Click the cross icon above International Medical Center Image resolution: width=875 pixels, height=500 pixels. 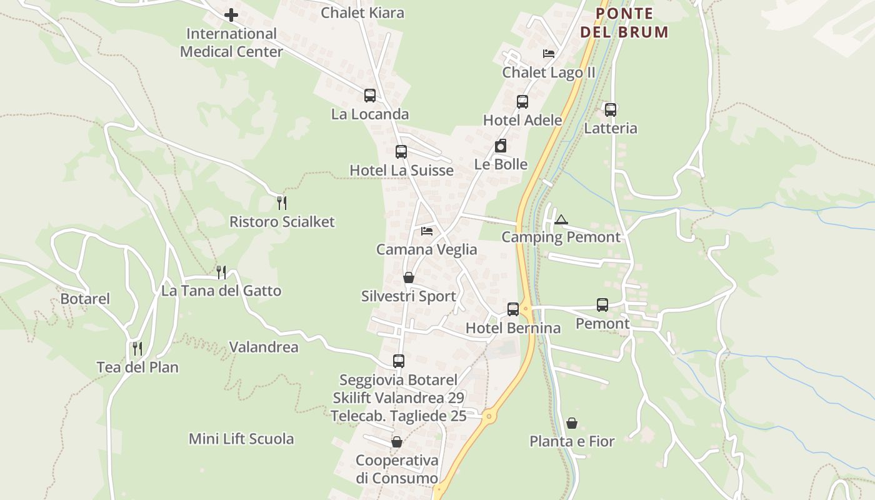pos(231,15)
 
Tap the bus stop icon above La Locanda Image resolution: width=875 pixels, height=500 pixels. pos(370,96)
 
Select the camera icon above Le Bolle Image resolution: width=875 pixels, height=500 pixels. pos(501,146)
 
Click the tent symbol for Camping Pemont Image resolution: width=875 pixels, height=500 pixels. pos(561,219)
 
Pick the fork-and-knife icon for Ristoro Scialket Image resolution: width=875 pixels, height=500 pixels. pos(282,202)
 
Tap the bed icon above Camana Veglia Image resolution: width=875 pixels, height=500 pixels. pos(427,231)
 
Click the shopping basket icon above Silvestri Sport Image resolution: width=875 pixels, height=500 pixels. pos(409,277)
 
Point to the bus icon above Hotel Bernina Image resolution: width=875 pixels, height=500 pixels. pos(513,309)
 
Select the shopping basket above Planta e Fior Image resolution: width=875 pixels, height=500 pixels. pos(572,423)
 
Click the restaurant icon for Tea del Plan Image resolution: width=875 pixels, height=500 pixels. pos(137,349)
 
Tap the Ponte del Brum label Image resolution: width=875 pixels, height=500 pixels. pos(624,22)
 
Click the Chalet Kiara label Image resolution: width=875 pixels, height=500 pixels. pos(362,12)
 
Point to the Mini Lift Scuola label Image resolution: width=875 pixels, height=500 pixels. pos(241,439)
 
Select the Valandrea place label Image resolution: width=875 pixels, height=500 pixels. pos(264,347)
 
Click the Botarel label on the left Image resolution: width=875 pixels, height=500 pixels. pos(85,299)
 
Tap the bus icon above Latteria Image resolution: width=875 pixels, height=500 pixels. pos(611,110)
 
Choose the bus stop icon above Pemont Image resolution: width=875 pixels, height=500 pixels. pos(602,305)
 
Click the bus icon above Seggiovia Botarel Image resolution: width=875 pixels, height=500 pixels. pos(399,361)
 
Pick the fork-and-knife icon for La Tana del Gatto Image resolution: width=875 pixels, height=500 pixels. pos(221,272)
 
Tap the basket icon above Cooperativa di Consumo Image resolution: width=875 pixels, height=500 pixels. pos(397,442)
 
